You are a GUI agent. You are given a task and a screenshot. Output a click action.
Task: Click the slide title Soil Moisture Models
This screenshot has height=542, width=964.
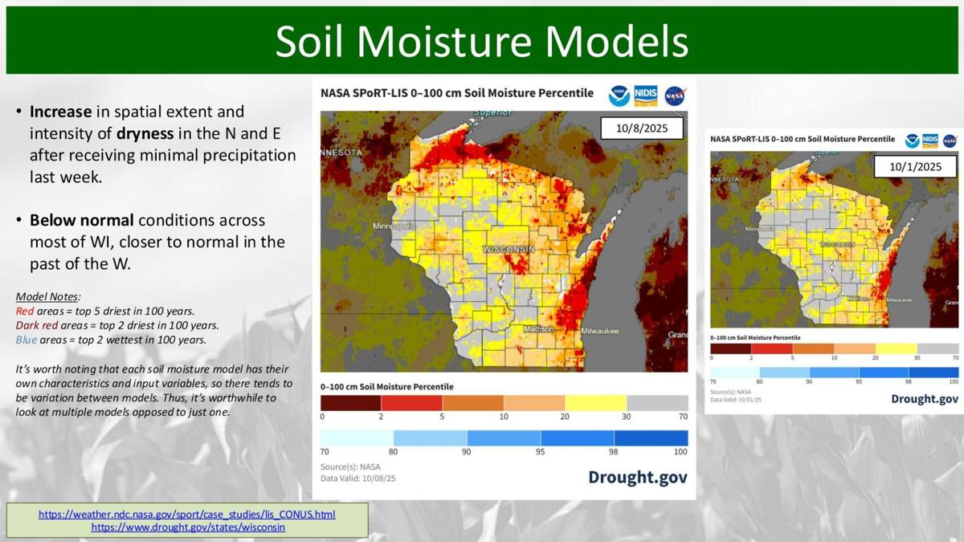point(481,41)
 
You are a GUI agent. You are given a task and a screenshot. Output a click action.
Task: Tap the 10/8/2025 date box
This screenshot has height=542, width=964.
point(642,128)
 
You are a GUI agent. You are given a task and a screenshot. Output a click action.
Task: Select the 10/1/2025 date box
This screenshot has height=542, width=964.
point(915,167)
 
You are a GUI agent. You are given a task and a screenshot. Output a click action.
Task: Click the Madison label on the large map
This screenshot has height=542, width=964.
point(538,329)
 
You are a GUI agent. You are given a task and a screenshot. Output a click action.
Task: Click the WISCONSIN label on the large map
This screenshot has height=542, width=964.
point(509,250)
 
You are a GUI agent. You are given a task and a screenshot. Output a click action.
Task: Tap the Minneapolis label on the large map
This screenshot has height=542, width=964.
point(393,226)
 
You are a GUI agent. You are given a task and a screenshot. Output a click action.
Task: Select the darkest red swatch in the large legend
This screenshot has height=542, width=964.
point(350,402)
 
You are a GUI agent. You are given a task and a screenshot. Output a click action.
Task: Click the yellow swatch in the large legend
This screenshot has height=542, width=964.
point(595,402)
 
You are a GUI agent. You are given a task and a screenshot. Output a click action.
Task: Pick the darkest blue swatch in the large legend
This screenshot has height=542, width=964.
point(651,438)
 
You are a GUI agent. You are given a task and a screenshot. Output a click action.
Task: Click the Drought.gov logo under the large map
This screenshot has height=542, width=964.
point(637,477)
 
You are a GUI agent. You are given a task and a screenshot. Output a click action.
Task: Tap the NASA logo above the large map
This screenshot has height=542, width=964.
point(675,94)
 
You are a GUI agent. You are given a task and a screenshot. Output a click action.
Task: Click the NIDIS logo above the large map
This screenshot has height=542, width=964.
point(646,95)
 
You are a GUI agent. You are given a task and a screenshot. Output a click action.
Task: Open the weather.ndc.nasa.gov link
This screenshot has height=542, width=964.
point(186,514)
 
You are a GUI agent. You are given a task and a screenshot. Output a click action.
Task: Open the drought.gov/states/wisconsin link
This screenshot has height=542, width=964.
point(188,528)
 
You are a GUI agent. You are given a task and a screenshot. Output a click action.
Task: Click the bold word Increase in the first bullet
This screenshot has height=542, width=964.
point(60,112)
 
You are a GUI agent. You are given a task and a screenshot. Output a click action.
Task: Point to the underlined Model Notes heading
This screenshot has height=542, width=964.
point(48,296)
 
